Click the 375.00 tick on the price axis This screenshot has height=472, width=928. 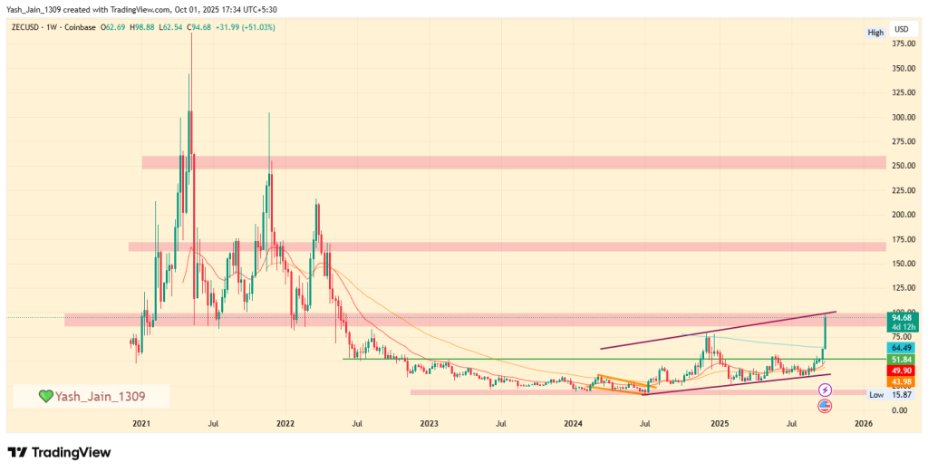pyautogui.click(x=901, y=43)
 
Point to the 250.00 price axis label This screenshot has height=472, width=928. pyautogui.click(x=901, y=166)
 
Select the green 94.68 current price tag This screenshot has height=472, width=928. pyautogui.click(x=901, y=317)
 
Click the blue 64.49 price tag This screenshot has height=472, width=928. pyautogui.click(x=901, y=348)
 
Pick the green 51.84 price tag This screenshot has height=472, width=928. pyautogui.click(x=901, y=360)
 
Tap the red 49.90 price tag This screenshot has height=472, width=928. pyautogui.click(x=901, y=371)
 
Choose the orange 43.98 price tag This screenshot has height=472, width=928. pyautogui.click(x=901, y=381)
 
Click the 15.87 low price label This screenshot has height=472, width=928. pyautogui.click(x=901, y=395)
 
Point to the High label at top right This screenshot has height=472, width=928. pyautogui.click(x=875, y=33)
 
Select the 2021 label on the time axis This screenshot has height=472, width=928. pyautogui.click(x=141, y=423)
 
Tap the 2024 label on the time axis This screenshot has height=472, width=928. pyautogui.click(x=573, y=423)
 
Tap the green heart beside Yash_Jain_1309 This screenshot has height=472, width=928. pyautogui.click(x=46, y=397)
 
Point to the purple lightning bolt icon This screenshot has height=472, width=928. pyautogui.click(x=825, y=390)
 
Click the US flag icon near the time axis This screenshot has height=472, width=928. pyautogui.click(x=825, y=406)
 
